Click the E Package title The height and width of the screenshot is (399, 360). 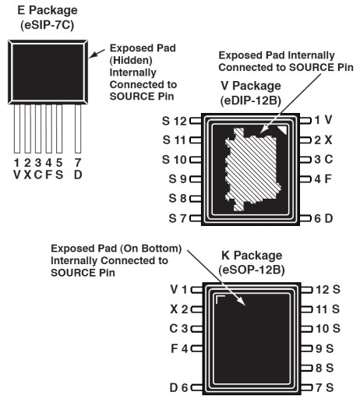(x=48, y=10)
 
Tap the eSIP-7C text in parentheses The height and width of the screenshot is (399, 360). (x=48, y=25)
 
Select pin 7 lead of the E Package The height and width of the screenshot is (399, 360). (x=78, y=129)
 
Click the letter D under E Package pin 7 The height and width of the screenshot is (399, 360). (x=78, y=175)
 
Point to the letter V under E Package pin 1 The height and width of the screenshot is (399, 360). (x=17, y=175)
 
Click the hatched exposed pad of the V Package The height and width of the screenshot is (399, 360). (x=252, y=169)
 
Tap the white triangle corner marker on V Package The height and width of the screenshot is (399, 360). (x=283, y=129)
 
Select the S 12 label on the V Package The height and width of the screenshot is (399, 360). (x=175, y=121)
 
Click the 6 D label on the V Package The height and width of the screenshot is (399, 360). (x=323, y=218)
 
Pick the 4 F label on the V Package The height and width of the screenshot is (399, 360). (x=323, y=179)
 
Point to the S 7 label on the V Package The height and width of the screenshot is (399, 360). (x=178, y=218)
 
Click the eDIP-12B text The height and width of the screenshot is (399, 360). (x=251, y=101)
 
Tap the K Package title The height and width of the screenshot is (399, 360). (x=252, y=256)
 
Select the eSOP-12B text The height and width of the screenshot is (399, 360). (x=252, y=270)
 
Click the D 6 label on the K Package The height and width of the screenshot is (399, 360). (x=178, y=387)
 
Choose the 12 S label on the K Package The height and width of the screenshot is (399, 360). (x=328, y=290)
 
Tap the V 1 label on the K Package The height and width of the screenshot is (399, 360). (x=178, y=290)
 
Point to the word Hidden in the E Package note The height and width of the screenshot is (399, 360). (x=131, y=60)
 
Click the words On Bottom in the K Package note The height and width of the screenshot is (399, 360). (x=151, y=249)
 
